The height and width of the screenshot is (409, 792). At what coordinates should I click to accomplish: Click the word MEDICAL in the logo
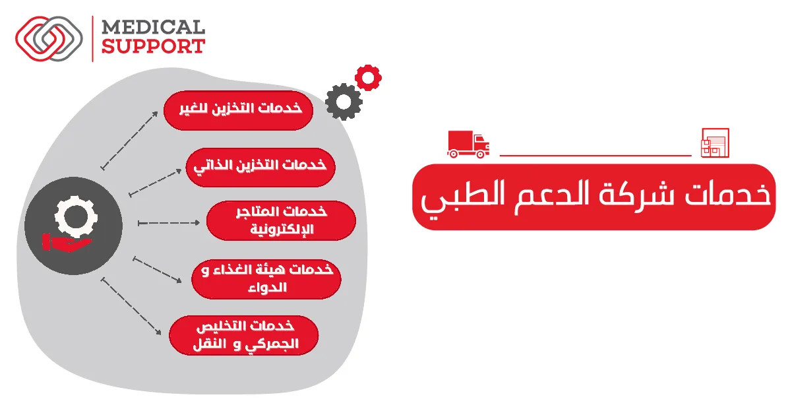point(152,28)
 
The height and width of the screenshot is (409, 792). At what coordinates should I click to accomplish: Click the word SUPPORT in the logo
point(152,46)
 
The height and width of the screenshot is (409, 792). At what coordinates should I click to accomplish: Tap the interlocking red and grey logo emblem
point(49,38)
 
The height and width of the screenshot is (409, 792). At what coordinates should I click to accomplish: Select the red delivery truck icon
point(468,144)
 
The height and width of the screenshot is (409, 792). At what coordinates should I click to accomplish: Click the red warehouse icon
point(714,142)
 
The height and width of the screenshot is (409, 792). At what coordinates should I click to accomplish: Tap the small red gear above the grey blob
point(367,78)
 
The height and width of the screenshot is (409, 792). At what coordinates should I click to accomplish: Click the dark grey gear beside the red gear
point(344,101)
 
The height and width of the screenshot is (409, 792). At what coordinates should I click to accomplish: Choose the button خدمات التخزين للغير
point(238,109)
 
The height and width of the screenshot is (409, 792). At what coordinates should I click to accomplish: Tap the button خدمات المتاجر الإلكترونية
point(281,220)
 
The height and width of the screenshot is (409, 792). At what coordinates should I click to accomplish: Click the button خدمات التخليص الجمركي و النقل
point(244,336)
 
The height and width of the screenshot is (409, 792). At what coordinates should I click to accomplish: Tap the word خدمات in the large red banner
point(726,196)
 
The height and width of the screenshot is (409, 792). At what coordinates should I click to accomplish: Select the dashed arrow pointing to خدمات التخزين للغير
point(129,139)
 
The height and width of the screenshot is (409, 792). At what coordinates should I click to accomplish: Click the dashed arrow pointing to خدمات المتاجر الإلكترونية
point(169,224)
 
